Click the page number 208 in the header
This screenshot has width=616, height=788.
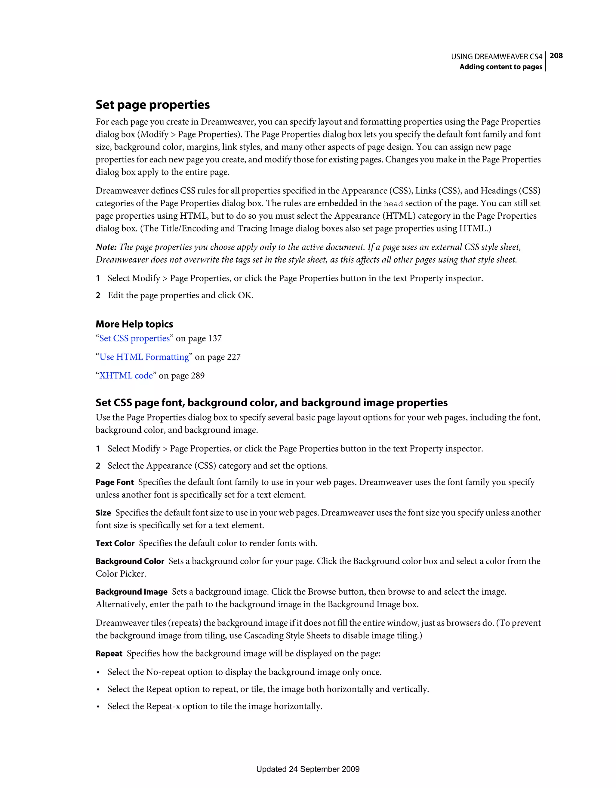tap(556, 56)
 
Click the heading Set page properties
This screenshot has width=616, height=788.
tap(153, 105)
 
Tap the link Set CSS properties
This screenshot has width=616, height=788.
tap(134, 338)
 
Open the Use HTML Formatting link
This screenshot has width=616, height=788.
tap(144, 357)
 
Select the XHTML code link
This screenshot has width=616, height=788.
tap(126, 376)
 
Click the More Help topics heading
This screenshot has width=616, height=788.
tap(134, 324)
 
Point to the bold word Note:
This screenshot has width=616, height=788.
tap(106, 247)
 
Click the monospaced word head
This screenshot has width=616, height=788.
tap(393, 204)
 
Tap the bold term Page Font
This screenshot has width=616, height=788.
tap(114, 482)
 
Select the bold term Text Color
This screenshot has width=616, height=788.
tap(115, 543)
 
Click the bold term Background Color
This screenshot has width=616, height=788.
tap(130, 562)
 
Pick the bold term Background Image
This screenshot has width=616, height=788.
tap(131, 592)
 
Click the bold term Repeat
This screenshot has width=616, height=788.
tap(109, 654)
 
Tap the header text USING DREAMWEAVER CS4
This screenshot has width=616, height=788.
tap(496, 57)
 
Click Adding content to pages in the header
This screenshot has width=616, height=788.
tap(500, 67)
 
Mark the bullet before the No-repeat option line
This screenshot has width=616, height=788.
tap(98, 673)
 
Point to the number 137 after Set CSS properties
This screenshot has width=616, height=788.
tap(215, 338)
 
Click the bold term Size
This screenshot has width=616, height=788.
tap(103, 513)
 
